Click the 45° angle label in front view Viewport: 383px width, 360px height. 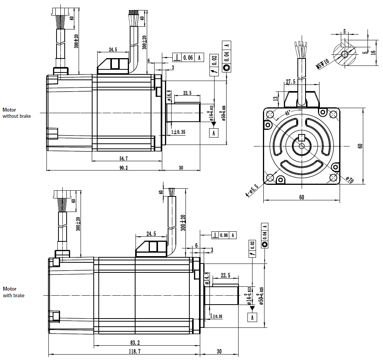click(287, 113)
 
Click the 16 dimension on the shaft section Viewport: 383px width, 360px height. click(373, 52)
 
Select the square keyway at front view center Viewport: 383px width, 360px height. click(302, 138)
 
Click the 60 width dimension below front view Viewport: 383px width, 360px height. click(301, 197)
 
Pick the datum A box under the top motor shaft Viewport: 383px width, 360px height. click(213, 133)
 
